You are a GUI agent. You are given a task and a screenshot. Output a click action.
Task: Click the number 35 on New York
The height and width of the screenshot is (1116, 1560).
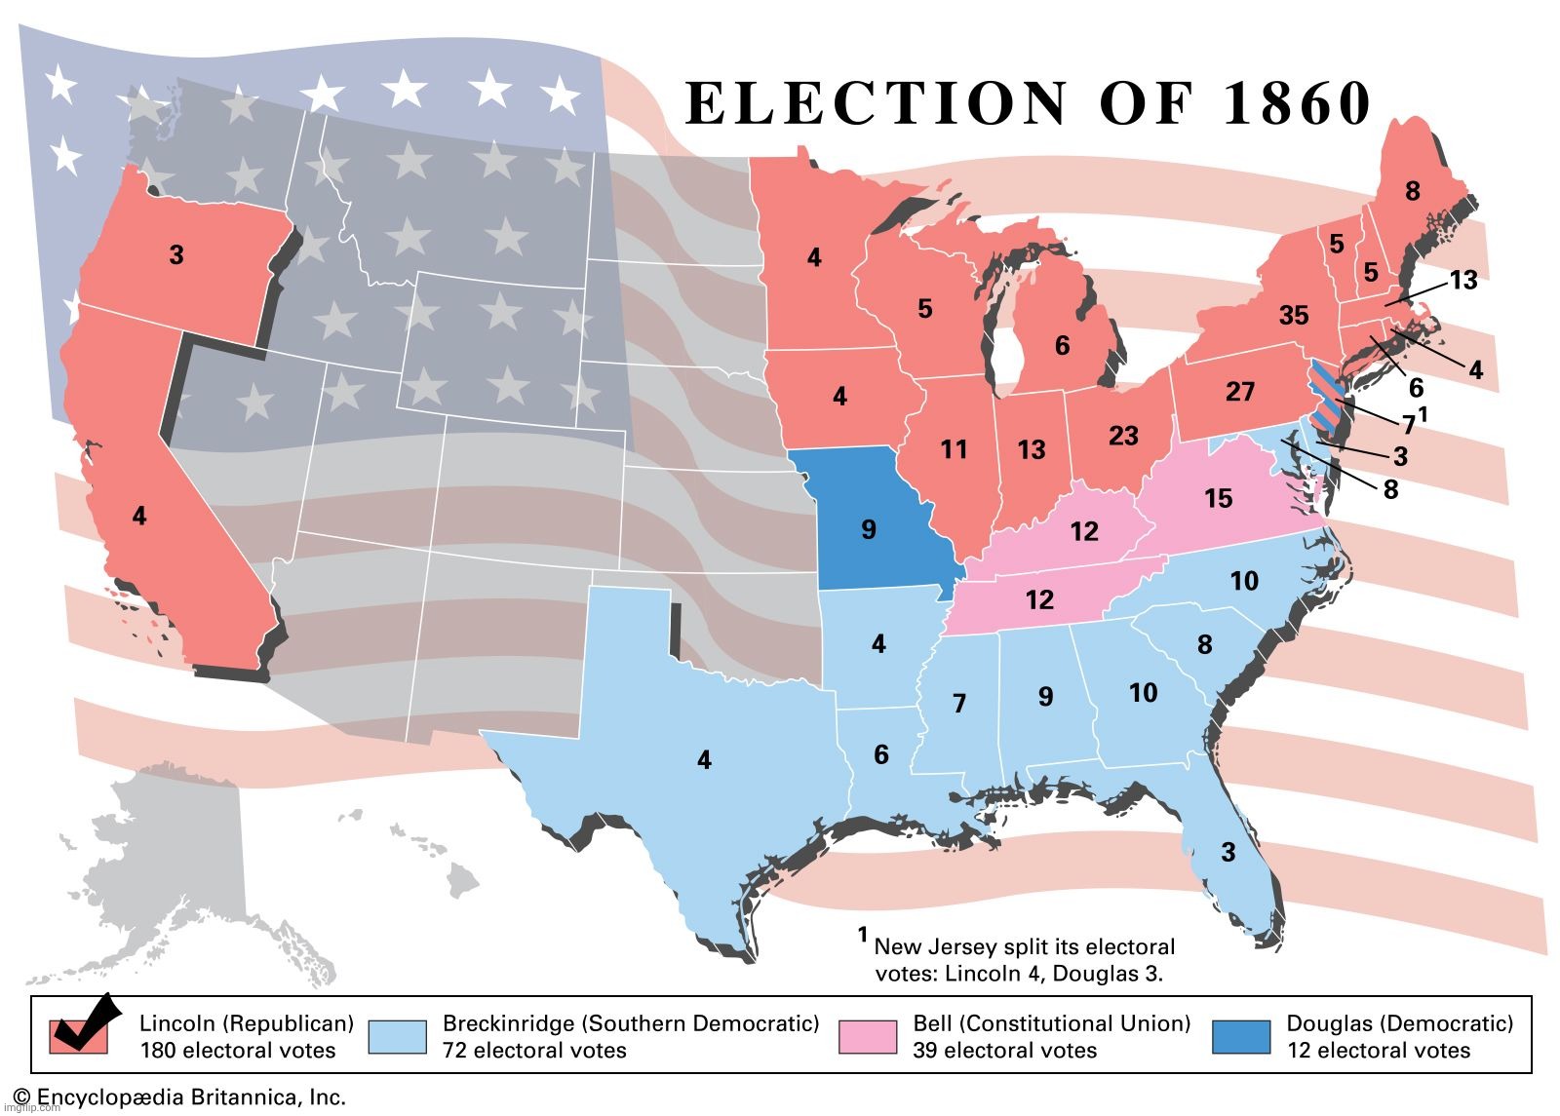click(1293, 316)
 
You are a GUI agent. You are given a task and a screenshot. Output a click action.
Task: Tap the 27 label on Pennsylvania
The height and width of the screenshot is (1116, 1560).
click(1239, 392)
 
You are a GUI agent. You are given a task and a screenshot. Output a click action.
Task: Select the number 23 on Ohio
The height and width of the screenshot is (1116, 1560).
click(1123, 436)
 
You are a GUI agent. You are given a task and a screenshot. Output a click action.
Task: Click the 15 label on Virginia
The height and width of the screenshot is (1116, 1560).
click(1218, 499)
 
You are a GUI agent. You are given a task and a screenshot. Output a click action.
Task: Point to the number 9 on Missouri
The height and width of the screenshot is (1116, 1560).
click(868, 530)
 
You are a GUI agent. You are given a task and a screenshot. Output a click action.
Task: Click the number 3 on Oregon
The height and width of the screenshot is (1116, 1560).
click(175, 255)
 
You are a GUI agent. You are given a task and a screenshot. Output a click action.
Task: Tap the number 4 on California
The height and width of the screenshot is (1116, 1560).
click(139, 516)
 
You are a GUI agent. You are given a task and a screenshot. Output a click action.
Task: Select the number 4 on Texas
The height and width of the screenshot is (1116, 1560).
click(704, 760)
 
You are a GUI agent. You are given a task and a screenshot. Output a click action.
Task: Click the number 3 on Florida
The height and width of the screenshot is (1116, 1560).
click(1228, 853)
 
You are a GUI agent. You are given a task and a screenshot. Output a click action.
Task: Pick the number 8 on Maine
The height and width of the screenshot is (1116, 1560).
click(1412, 192)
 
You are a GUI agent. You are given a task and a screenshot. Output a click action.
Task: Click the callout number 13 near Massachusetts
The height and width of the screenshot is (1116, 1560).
click(1462, 281)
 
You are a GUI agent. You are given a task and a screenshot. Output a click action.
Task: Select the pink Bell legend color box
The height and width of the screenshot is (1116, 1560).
click(867, 1037)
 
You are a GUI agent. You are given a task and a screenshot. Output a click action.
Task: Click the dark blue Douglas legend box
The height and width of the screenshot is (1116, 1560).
click(1240, 1037)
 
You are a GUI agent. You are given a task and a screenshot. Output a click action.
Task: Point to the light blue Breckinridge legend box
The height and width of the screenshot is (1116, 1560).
click(397, 1037)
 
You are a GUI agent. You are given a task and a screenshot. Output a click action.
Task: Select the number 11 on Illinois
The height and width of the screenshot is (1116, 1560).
click(954, 449)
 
